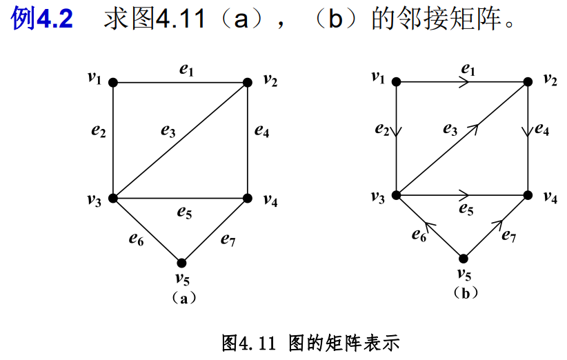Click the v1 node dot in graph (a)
coord(113,83)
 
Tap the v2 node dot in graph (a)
coord(247,83)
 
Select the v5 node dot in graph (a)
coord(181,263)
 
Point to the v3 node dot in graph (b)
coord(396,195)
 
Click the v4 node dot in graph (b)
coord(528,195)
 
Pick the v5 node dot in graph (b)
coord(464,259)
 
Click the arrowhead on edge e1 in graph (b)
coord(467,81)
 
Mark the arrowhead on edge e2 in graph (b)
coord(396,133)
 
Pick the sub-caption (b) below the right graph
coord(466,293)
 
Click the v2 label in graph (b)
coord(550,79)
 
